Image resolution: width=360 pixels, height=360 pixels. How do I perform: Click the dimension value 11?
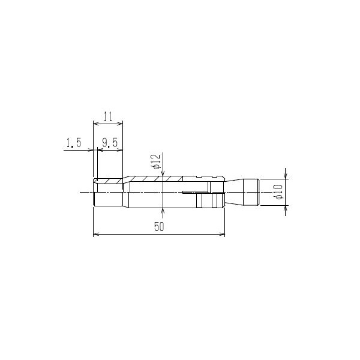click(x=107, y=116)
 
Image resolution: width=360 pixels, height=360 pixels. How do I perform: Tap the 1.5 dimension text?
click(x=74, y=143)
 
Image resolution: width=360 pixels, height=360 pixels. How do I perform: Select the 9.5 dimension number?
click(x=110, y=143)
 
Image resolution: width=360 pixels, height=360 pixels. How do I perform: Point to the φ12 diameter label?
click(x=157, y=161)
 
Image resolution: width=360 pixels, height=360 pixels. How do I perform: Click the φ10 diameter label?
click(x=279, y=192)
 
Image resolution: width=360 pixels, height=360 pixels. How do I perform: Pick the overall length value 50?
click(x=159, y=227)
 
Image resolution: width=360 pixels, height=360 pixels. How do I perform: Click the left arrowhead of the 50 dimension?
click(x=96, y=234)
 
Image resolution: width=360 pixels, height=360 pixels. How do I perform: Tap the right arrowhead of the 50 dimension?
click(x=222, y=234)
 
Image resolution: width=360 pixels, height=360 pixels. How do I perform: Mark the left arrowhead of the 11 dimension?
click(x=96, y=124)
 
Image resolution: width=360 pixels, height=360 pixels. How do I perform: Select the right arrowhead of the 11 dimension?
click(x=120, y=124)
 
